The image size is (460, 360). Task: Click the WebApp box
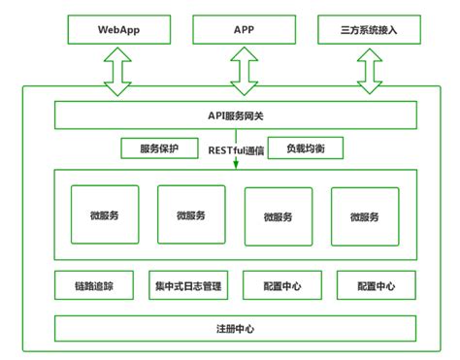[118, 29]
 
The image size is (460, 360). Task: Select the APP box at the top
[243, 29]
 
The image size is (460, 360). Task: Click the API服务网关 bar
[235, 116]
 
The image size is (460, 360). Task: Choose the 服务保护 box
[160, 149]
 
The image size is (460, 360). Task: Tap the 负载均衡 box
[305, 149]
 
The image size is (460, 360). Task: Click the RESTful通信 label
[236, 149]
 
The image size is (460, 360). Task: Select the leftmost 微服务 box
[105, 214]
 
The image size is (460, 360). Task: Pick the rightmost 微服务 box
[365, 216]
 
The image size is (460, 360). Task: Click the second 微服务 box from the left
[190, 215]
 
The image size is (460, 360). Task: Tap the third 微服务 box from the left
[279, 216]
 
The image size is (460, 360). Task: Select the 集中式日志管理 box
[187, 286]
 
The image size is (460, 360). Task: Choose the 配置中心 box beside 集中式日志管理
[281, 286]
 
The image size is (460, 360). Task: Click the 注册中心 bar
[235, 328]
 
